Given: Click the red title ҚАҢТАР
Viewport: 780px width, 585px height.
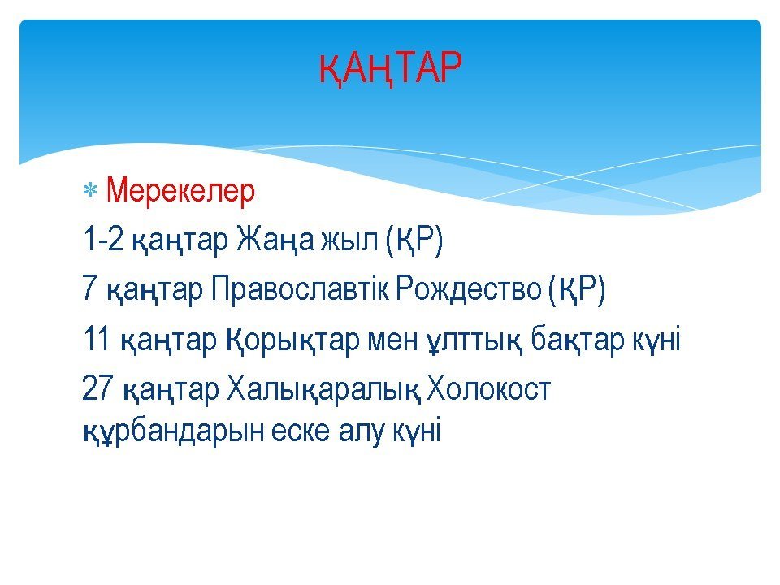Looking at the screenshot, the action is tap(391, 68).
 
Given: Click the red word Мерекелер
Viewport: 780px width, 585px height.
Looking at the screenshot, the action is tap(180, 190).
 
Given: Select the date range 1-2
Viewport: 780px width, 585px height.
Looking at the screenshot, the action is tap(103, 239).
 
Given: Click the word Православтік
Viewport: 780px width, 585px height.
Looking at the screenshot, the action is tap(300, 288).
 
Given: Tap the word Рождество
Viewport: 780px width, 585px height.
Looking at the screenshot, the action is tap(468, 289).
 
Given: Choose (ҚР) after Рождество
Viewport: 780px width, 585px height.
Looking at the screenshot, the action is tap(577, 290).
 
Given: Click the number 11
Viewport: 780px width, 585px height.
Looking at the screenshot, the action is tap(96, 338).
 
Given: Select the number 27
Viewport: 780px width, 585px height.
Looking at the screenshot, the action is tap(97, 388).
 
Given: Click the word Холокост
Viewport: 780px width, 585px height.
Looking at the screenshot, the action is tap(489, 388).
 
